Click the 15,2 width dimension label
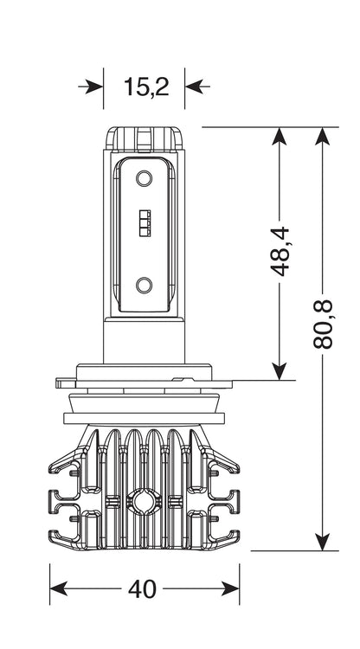146,87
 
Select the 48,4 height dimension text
280,251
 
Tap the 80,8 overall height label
323,324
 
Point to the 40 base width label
142,588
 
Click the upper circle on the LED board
144,178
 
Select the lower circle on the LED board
144,286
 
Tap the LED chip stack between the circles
145,223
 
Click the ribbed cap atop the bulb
144,138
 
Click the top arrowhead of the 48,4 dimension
280,136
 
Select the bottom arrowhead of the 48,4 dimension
280,371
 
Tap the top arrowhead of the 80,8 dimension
322,136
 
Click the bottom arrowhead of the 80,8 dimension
322,543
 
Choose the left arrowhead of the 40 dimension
58,588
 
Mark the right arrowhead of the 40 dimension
230,588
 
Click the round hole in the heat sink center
144,501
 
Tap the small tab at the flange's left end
66,382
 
